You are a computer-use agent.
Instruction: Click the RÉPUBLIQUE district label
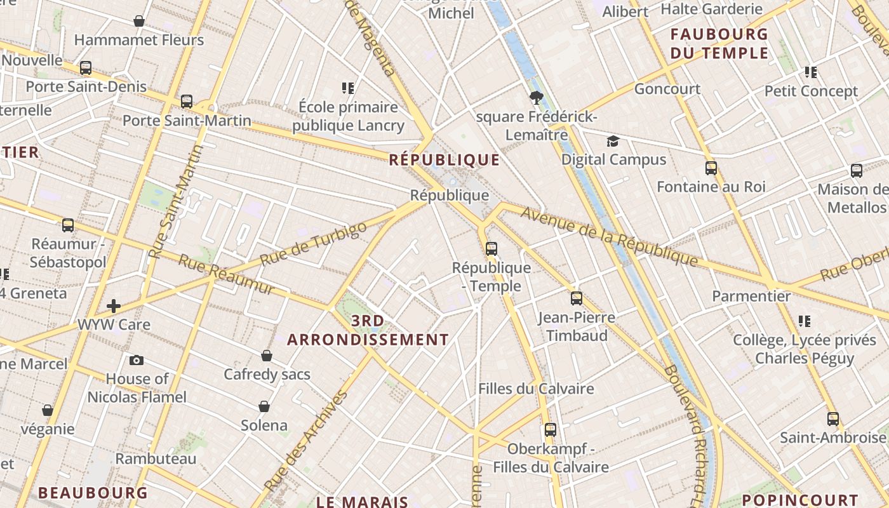point(444,159)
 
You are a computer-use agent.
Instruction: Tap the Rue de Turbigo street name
point(314,244)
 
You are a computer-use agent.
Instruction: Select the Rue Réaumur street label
point(226,274)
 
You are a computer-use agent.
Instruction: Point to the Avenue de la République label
point(610,236)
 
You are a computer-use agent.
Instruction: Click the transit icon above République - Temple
point(491,249)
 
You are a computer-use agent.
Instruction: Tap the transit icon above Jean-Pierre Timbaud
point(577,298)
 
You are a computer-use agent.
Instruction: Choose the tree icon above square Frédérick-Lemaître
point(537,98)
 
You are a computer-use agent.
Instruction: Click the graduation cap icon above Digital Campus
point(613,141)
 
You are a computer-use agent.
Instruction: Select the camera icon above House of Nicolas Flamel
point(137,361)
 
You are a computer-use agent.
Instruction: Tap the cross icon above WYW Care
point(114,306)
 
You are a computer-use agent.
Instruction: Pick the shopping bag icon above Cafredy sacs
point(267,356)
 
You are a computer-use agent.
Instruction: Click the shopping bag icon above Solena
point(264,406)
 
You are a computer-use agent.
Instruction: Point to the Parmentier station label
point(751,296)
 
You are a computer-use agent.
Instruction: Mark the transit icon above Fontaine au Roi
point(711,168)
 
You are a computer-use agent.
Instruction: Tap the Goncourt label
point(667,89)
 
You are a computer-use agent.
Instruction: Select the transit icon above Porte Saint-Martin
point(187,102)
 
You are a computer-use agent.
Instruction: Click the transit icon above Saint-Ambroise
point(833,419)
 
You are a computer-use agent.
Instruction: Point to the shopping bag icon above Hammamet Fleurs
point(139,22)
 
